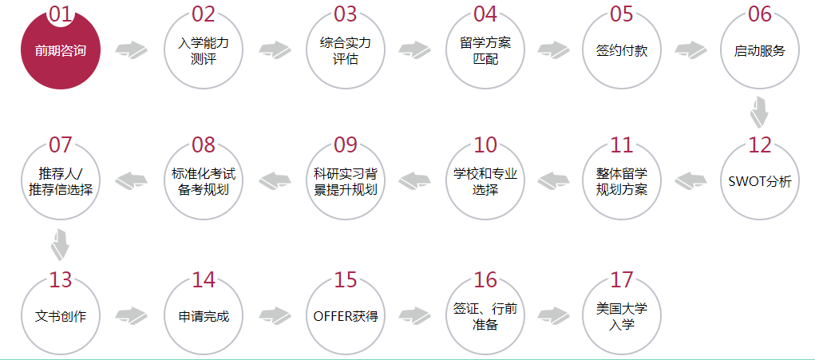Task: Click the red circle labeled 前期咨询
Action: click(x=61, y=50)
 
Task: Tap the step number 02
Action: click(x=204, y=14)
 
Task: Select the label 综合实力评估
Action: click(x=345, y=50)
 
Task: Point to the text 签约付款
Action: click(x=622, y=51)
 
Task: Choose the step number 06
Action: click(x=759, y=14)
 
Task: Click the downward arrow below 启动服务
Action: click(x=759, y=111)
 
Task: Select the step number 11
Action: click(x=622, y=145)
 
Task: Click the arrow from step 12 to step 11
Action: click(x=690, y=180)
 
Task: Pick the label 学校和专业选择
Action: click(x=485, y=181)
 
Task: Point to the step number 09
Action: click(x=346, y=145)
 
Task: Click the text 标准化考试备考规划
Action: click(x=204, y=181)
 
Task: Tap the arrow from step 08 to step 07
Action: click(x=131, y=180)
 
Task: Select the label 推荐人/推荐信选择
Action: click(x=61, y=181)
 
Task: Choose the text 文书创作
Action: click(x=61, y=316)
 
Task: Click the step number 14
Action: click(x=204, y=280)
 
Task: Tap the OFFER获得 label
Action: click(x=345, y=316)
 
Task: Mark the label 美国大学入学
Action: click(x=622, y=316)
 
